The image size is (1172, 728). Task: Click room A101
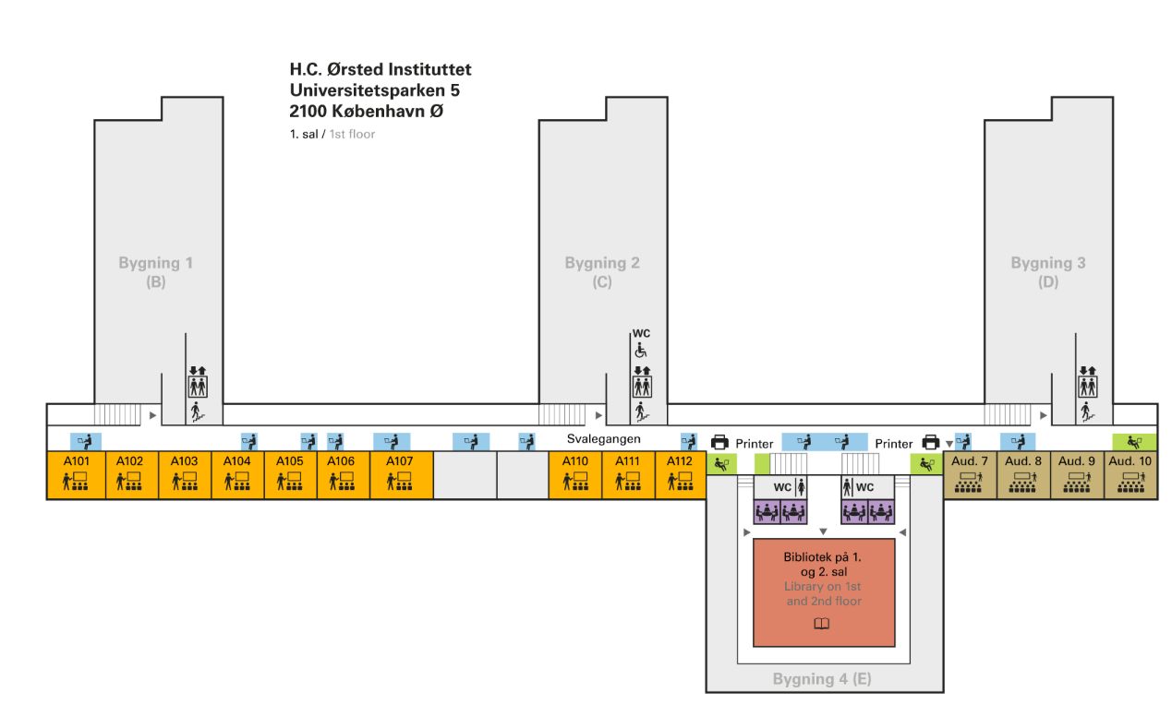[76, 474]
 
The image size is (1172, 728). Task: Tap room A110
[574, 474]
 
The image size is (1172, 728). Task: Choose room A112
[681, 474]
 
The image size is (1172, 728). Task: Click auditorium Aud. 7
[970, 474]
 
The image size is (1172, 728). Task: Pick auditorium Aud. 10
[1130, 474]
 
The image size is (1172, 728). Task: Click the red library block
[824, 592]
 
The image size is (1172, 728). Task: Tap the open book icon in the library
[822, 625]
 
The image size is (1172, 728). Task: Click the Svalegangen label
[603, 439]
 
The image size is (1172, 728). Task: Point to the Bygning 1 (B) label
[155, 272]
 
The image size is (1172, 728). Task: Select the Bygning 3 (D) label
[1047, 272]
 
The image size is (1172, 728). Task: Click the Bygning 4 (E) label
[822, 679]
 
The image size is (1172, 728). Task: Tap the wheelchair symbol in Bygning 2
[641, 351]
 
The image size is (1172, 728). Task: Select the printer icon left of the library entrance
[719, 443]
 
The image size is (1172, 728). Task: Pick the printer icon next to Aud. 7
[930, 443]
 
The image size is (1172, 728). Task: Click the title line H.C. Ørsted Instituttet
[381, 70]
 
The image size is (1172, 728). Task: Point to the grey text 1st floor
[352, 134]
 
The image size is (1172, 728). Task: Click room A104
[237, 474]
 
